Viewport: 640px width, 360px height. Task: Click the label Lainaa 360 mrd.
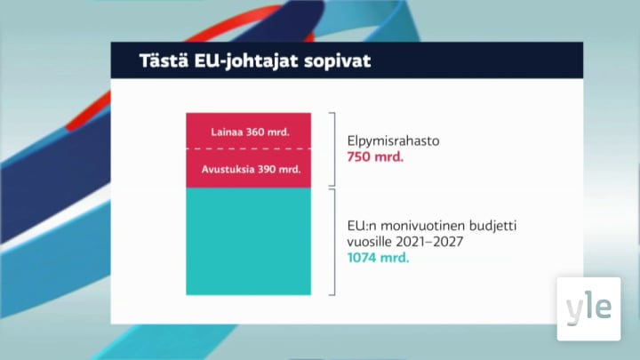(249, 132)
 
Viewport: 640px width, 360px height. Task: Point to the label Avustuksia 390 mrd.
(249, 169)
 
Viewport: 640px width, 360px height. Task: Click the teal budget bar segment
(249, 242)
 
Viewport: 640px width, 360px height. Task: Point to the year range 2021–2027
(432, 243)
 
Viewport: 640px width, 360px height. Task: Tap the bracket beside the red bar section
(333, 149)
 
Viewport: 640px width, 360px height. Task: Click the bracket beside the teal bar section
(333, 242)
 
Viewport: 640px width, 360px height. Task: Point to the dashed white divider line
(249, 150)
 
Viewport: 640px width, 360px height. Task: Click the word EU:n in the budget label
(360, 227)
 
